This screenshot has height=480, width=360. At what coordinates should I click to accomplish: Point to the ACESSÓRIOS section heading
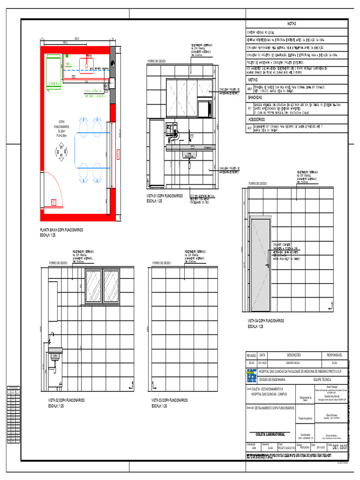tap(256, 119)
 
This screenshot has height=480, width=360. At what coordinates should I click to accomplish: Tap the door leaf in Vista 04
tap(260, 266)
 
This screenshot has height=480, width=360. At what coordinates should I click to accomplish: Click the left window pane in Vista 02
tap(93, 286)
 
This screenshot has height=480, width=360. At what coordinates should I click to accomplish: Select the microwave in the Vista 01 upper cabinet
tap(204, 108)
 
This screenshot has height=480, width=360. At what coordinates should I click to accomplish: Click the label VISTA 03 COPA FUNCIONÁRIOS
tap(169, 400)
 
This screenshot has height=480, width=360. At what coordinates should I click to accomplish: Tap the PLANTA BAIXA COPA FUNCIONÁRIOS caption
tap(61, 230)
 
